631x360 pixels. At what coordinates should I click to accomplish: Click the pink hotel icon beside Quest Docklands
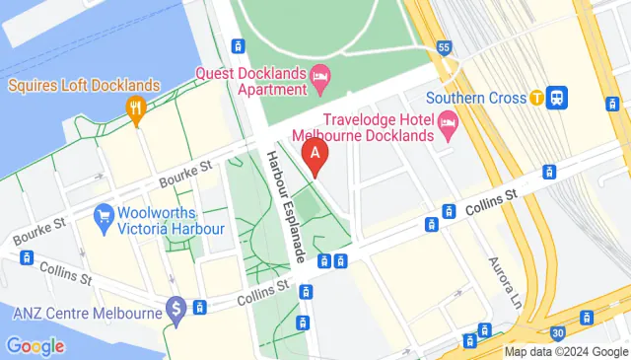[x=320, y=76]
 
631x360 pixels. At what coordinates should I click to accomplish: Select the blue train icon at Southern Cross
[x=557, y=98]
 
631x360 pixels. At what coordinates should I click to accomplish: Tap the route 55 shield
[x=446, y=47]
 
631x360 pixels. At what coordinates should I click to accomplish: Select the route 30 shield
[x=558, y=332]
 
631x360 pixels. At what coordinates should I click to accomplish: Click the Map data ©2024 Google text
[x=565, y=352]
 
